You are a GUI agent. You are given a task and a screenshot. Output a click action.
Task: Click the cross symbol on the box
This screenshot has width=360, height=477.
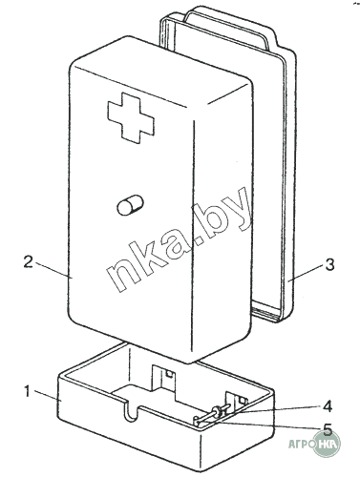(x=131, y=117)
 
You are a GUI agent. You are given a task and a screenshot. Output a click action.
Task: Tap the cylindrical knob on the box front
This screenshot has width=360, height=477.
(x=131, y=205)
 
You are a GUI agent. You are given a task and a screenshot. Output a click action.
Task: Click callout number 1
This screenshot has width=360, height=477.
(x=28, y=391)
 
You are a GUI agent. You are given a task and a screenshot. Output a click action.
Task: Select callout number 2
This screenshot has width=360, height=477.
(x=28, y=262)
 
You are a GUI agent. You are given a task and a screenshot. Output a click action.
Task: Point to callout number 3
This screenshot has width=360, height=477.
(x=330, y=265)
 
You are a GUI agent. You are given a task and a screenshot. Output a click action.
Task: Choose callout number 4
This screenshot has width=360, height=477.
(x=328, y=405)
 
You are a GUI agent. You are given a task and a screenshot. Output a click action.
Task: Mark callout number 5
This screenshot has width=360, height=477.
(x=328, y=429)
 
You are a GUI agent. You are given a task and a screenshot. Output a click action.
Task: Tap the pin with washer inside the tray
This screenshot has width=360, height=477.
(x=212, y=416)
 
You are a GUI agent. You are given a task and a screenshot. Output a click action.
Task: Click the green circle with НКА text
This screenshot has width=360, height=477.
(x=328, y=443)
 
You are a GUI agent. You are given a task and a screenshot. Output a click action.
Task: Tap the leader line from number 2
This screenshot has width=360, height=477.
(x=53, y=270)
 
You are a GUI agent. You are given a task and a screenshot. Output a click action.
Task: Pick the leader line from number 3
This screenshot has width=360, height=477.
(x=306, y=273)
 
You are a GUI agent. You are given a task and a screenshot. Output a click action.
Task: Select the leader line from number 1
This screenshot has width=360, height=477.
(x=47, y=395)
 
